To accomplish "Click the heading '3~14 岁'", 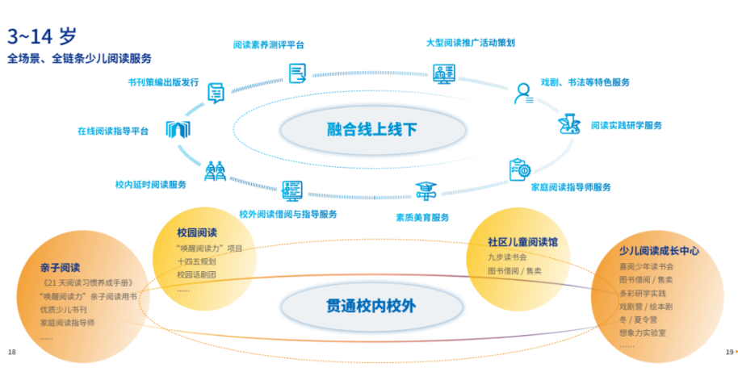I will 43,36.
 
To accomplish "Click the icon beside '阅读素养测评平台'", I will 298,73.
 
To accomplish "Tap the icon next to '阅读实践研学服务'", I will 571,125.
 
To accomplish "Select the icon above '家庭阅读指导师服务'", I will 519,169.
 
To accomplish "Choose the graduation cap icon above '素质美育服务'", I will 425,192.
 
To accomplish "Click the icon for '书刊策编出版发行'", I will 216,94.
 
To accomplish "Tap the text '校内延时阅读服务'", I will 151,185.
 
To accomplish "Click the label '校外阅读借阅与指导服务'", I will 288,214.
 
